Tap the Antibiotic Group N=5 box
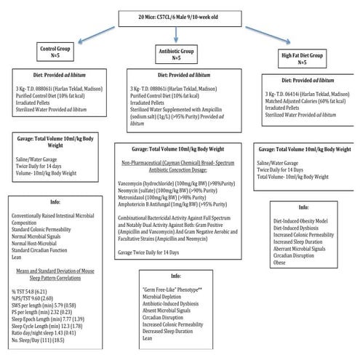177,55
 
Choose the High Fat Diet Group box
303,58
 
